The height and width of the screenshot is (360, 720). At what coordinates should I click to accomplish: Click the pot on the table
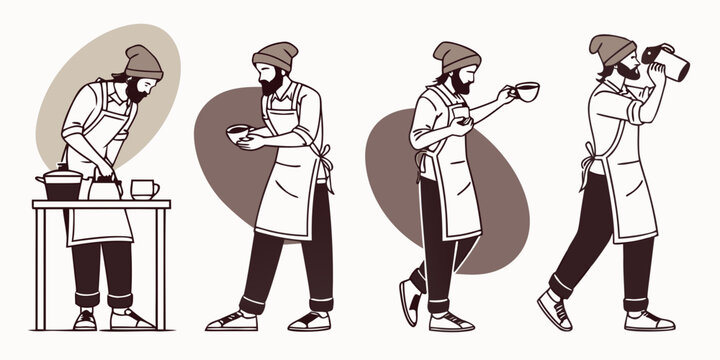[59, 184]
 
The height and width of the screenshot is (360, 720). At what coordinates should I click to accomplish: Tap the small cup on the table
[143, 189]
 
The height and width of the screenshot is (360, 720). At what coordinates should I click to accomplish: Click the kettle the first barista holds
[104, 187]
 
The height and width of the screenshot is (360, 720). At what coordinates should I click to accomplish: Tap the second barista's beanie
[275, 54]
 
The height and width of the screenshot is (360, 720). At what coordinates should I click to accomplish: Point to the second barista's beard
[270, 86]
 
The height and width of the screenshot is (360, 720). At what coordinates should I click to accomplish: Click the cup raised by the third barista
[524, 92]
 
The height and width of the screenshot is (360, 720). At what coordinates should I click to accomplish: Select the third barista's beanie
[457, 56]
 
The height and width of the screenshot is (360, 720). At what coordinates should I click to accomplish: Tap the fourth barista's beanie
[610, 49]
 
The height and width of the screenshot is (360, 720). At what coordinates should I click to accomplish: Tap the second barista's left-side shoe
[231, 321]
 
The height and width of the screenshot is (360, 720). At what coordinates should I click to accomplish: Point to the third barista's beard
[460, 86]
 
